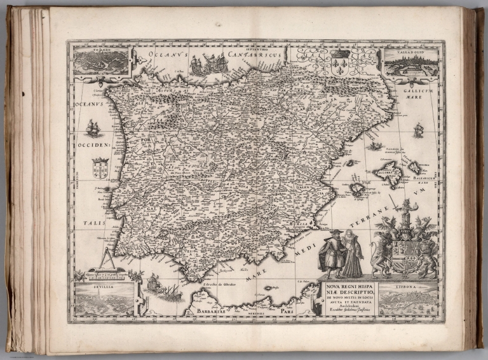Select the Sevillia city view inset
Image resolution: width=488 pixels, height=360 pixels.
tap(104, 299)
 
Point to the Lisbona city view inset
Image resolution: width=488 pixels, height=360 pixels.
tap(408, 298)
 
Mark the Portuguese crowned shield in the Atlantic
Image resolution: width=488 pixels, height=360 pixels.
tap(100, 169)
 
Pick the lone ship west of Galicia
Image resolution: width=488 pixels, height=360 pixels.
tap(93, 128)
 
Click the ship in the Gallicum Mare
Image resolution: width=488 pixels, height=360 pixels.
tap(418, 130)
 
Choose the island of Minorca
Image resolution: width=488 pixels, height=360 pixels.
tap(415, 167)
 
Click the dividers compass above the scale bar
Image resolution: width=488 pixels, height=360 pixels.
tap(107, 260)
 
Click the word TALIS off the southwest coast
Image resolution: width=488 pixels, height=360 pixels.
tap(93, 224)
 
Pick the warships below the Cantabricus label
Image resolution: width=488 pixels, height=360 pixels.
tap(209, 64)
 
